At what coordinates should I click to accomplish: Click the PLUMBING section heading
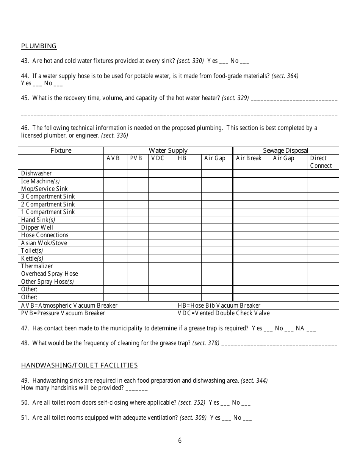[39, 46]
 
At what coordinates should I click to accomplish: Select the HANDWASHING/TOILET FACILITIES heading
[79, 365]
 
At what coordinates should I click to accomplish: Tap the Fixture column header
[61, 150]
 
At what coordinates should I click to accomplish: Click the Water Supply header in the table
[168, 150]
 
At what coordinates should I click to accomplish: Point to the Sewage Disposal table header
[286, 150]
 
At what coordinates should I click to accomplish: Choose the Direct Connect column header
[321, 162]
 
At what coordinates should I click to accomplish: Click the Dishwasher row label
[36, 174]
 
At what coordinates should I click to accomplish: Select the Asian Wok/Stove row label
[44, 243]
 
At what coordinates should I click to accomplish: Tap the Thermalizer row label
[37, 266]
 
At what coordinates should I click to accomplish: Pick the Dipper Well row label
[37, 227]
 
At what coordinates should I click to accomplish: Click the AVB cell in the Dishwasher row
[115, 174]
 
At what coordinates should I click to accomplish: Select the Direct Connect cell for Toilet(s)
[322, 250]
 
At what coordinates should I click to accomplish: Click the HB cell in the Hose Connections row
[188, 235]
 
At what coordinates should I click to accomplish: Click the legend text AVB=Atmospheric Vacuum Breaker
[69, 305]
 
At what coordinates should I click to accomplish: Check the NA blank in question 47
[311, 329]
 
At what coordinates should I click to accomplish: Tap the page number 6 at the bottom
[180, 441]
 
